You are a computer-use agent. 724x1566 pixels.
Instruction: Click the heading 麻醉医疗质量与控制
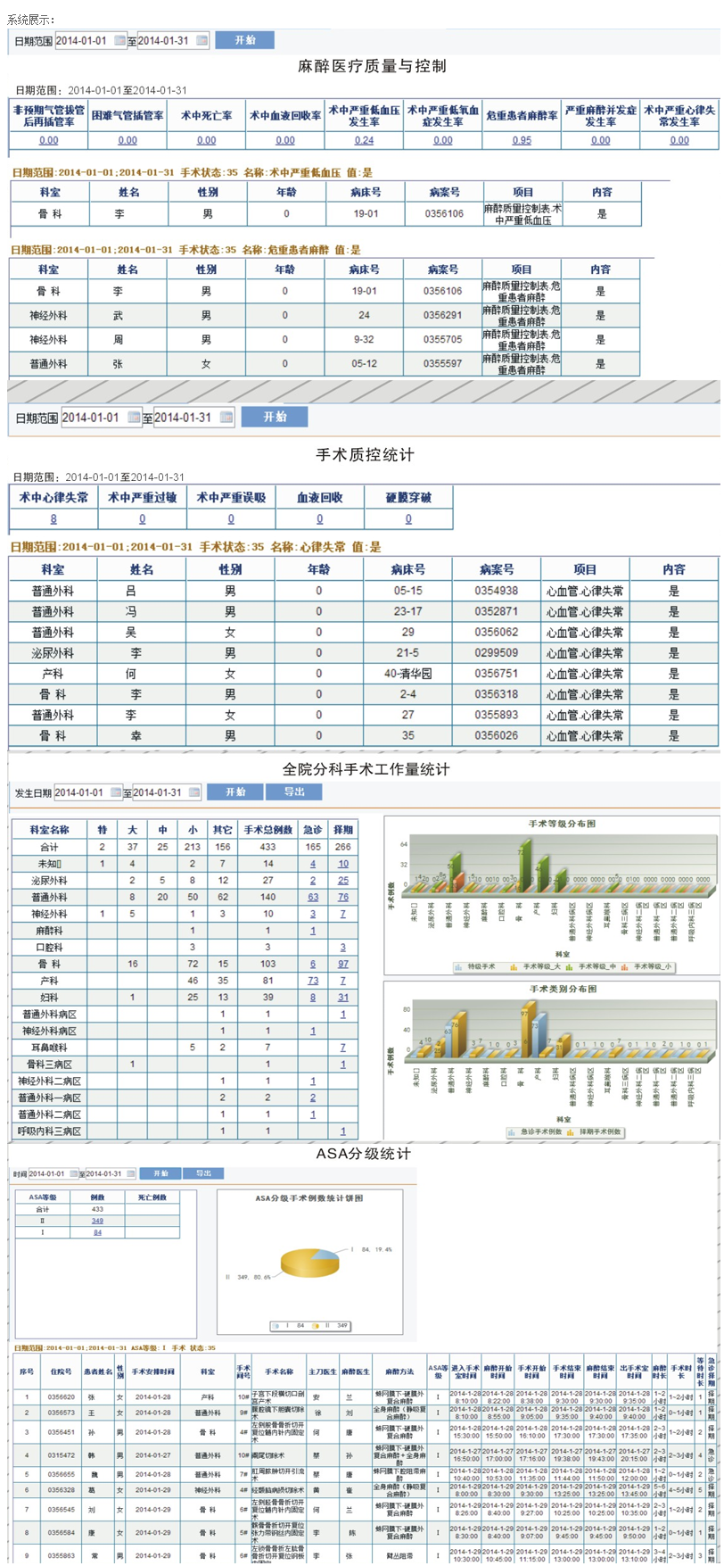pos(372,66)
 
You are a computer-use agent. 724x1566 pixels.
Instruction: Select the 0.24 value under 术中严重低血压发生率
pos(364,140)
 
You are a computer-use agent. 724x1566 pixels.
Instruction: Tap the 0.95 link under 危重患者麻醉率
pos(522,140)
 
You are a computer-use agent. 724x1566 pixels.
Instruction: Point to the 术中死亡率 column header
pos(207,116)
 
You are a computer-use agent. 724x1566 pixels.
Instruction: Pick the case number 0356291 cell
pos(443,315)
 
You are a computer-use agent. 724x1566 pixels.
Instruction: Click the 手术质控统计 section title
pos(365,455)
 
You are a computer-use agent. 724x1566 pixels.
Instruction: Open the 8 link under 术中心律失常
pos(53,519)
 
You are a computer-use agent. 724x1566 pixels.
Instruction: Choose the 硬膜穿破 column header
pos(408,498)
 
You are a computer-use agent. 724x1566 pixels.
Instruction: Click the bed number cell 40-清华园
pos(407,674)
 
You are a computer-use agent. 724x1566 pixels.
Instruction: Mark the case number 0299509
pos(496,653)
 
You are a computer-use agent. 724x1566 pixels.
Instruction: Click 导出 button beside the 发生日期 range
pos(294,791)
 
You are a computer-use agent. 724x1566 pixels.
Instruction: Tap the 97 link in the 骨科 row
pos(343,964)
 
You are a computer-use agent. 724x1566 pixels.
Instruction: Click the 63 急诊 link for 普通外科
pos(313,897)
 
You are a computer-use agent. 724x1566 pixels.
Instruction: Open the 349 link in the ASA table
pos(97,1221)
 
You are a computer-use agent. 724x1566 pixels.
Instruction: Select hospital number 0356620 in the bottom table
pos(62,1396)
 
